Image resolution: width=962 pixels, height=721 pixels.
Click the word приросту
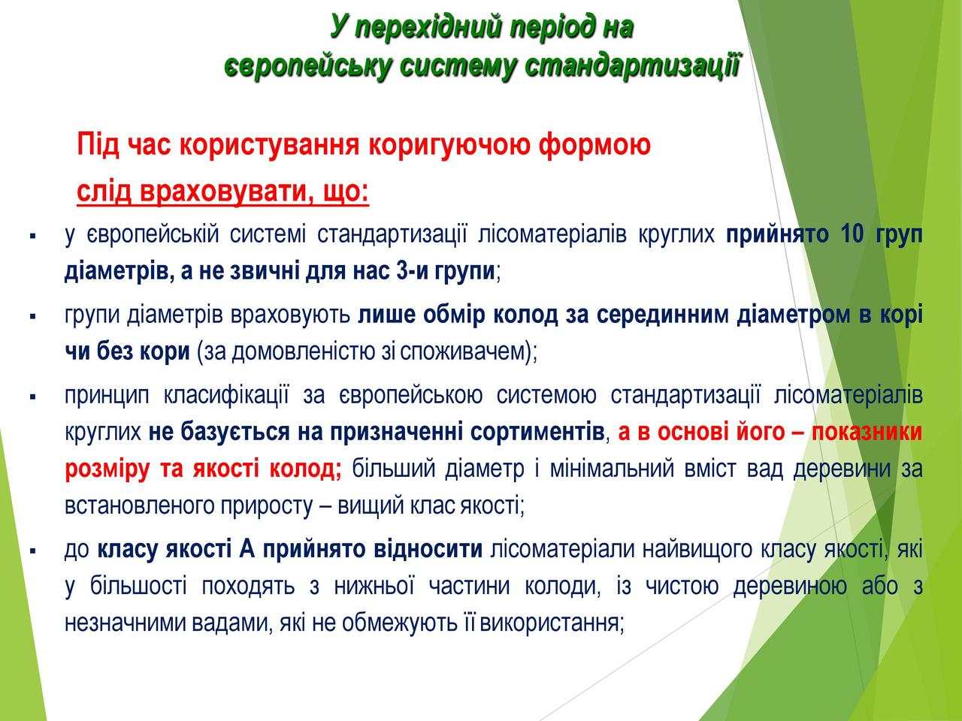click(267, 506)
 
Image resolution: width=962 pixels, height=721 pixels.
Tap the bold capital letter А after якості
click(247, 549)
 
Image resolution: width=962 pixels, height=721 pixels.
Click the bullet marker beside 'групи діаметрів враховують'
click(32, 316)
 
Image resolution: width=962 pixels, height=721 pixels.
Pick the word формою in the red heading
click(594, 145)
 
